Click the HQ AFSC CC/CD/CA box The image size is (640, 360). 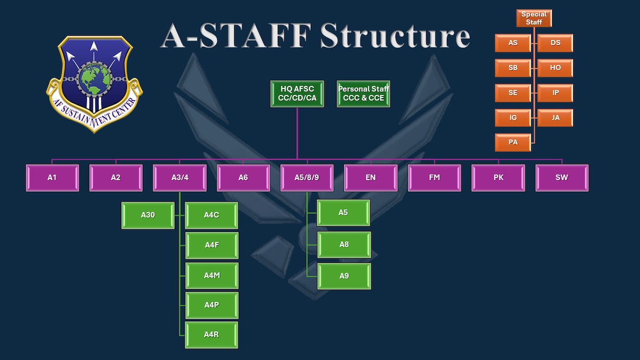[x=297, y=93]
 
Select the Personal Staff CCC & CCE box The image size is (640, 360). [x=364, y=93]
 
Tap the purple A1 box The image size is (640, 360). [x=52, y=178]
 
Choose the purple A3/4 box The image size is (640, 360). [x=180, y=178]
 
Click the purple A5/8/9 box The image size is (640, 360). [x=307, y=178]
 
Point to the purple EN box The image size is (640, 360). [x=371, y=178]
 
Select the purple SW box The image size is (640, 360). [x=562, y=178]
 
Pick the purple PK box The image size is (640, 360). [x=498, y=178]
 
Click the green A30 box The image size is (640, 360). [x=148, y=215]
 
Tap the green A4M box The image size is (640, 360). [x=212, y=275]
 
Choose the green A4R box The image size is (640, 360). [x=212, y=335]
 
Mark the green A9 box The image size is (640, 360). [x=344, y=276]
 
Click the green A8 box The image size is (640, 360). [x=344, y=245]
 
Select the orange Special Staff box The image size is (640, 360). [x=534, y=18]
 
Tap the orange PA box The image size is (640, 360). [x=513, y=142]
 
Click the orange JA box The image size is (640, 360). [x=555, y=118]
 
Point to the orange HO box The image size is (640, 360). [x=555, y=68]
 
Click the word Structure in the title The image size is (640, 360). [x=395, y=36]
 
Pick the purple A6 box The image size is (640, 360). [x=243, y=178]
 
